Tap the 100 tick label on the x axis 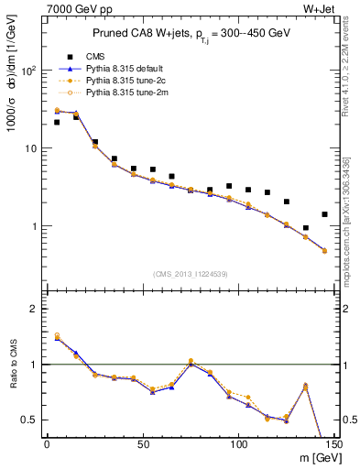(238, 445)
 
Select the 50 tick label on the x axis (143, 445)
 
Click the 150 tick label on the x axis (333, 445)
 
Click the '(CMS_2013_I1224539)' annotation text (190, 273)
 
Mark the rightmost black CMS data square (324, 214)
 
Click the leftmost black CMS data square (57, 122)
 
